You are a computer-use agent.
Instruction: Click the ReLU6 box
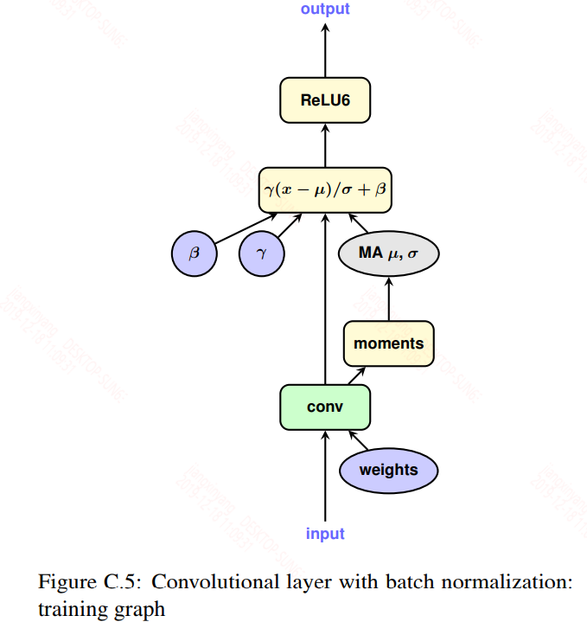(x=325, y=99)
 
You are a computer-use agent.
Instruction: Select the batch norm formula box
(x=325, y=189)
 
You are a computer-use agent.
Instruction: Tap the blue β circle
(x=194, y=253)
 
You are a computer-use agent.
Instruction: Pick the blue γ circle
(x=261, y=253)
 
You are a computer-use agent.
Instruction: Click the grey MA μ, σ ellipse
(x=387, y=253)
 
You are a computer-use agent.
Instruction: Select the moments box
(x=388, y=343)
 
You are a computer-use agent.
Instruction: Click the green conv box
(x=325, y=407)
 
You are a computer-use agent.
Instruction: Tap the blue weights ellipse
(x=388, y=471)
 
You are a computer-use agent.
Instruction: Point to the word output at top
(x=325, y=10)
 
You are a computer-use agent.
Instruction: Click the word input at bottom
(x=325, y=534)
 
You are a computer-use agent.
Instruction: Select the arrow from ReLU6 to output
(x=325, y=48)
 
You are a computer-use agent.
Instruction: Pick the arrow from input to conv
(x=325, y=476)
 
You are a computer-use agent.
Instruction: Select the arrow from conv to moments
(x=355, y=375)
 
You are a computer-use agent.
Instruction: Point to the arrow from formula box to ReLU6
(x=325, y=144)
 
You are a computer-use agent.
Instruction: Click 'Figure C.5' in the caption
(x=88, y=581)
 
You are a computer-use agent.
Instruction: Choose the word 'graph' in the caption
(x=140, y=607)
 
